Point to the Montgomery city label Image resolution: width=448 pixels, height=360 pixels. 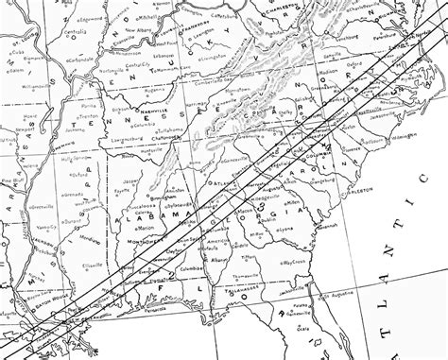click(x=145, y=241)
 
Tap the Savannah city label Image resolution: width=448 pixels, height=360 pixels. click(x=328, y=231)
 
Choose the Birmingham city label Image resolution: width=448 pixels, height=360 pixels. click(x=153, y=197)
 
